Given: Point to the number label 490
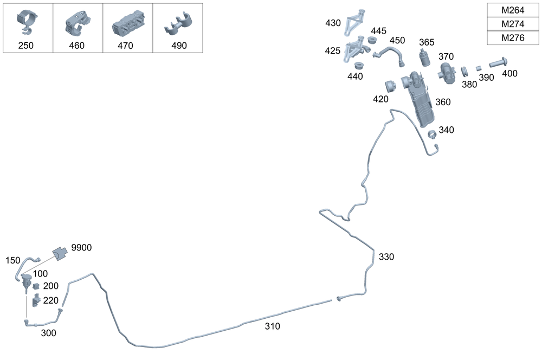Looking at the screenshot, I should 179,46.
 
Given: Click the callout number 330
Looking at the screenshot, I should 386,256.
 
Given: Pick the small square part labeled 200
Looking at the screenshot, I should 36,286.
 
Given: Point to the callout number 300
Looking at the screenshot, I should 49,333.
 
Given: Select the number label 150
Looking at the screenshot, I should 12,261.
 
